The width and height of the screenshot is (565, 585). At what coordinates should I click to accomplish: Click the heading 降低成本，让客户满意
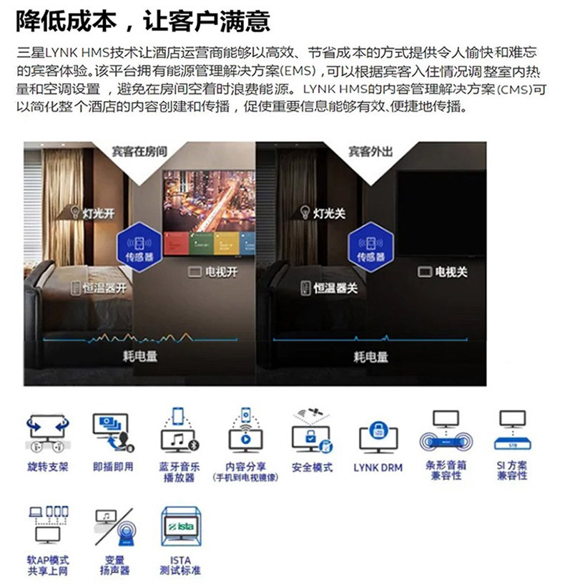coord(143,21)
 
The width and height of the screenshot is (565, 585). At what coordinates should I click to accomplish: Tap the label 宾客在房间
coord(139,152)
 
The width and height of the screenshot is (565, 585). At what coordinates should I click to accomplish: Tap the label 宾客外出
coord(370,152)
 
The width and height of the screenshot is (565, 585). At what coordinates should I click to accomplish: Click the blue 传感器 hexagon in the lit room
coord(139,246)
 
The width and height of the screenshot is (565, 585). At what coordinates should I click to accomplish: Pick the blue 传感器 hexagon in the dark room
coord(370,246)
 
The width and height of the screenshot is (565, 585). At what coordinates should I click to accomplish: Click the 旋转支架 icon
coord(48,432)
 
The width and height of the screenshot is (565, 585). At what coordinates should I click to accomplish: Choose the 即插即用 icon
coord(113,432)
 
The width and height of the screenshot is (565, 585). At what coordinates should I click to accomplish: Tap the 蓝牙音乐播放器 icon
coord(180,430)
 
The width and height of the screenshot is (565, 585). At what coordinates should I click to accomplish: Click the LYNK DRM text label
coord(378,468)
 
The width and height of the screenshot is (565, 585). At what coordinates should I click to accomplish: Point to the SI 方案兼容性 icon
coord(513,430)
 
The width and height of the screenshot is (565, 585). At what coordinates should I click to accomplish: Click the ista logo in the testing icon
coord(181,527)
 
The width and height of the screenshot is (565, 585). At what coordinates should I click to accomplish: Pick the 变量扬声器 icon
coord(115,527)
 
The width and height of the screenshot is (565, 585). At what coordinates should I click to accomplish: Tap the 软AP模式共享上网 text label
coord(48,565)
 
